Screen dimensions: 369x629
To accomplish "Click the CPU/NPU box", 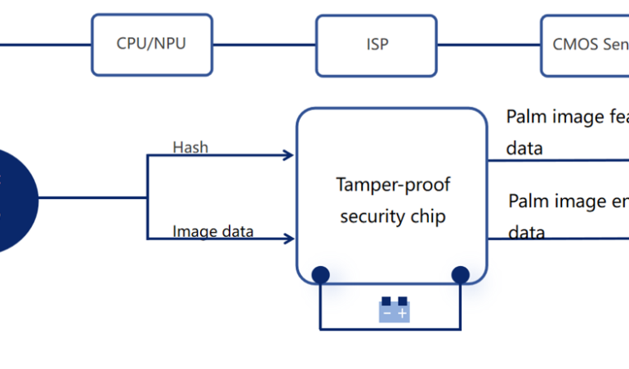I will point(151,44).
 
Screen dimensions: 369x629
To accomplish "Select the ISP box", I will point(377,44).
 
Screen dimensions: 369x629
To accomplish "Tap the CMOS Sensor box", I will point(584,44).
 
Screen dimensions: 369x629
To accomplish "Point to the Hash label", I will point(190,148).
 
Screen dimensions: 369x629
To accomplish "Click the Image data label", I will point(212,232).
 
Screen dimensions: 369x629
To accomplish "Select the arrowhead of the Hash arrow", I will point(288,155).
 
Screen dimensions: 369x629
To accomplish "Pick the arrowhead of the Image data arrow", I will point(288,239).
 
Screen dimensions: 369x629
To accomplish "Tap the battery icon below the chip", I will point(394,310).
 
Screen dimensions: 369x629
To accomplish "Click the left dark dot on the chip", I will point(320,274).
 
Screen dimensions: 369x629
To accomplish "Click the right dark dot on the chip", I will point(461,274).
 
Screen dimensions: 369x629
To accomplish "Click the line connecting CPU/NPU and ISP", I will point(264,44).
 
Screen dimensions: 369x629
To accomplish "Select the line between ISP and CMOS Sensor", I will point(488,44).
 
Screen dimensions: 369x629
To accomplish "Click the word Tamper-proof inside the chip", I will point(393,184).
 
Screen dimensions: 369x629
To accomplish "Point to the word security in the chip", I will point(368,216).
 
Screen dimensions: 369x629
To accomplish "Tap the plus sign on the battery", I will point(402,313).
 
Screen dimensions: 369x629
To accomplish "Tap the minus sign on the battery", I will point(386,313).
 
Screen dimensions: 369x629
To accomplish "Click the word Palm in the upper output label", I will point(525,117).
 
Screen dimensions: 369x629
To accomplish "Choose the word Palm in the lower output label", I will point(528,201).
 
